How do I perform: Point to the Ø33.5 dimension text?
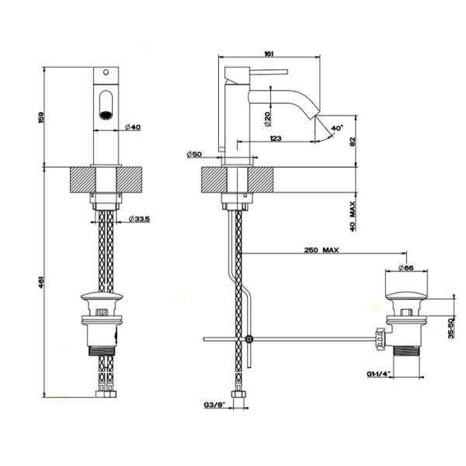tap(138, 220)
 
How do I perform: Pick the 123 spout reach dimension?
tap(275, 137)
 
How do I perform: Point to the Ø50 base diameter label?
tap(194, 155)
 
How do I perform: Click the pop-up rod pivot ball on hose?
tap(248, 339)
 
